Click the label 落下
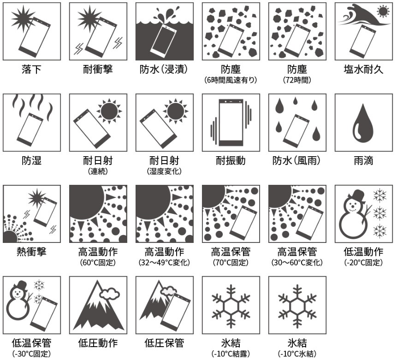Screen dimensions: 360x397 (31, 70)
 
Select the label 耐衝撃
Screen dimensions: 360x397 (98, 70)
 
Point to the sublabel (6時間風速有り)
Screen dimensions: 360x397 (231, 80)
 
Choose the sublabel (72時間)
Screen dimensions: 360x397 (297, 80)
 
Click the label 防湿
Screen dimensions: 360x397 (31, 161)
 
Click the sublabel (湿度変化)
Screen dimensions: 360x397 (164, 171)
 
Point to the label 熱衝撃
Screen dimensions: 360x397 (31, 252)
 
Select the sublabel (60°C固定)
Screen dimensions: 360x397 (98, 263)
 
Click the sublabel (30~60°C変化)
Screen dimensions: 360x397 (297, 263)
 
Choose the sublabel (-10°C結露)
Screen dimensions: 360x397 (231, 354)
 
